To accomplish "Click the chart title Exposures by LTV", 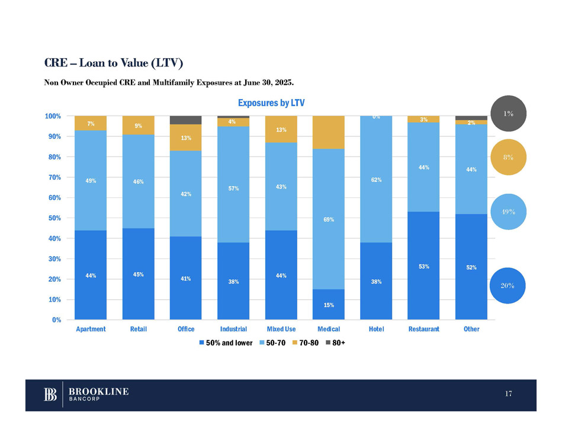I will [271, 103].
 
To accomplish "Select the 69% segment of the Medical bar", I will [329, 219].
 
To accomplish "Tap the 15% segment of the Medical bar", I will [329, 305].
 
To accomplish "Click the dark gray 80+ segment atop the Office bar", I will [185, 120].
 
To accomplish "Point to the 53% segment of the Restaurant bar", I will [424, 266].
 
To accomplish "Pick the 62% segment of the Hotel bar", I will [376, 179].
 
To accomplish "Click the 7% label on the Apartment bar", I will [91, 123].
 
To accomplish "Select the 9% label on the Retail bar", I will [138, 126].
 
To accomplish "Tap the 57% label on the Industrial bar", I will [233, 189].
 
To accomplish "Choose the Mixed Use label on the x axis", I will [281, 329].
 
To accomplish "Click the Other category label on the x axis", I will [471, 329].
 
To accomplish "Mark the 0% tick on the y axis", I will [57, 320].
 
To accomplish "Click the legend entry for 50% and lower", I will [226, 343].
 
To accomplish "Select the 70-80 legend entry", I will [307, 343].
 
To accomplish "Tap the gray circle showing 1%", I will [508, 113].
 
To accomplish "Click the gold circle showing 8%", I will [508, 157].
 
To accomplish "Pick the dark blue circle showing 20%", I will [508, 285].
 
